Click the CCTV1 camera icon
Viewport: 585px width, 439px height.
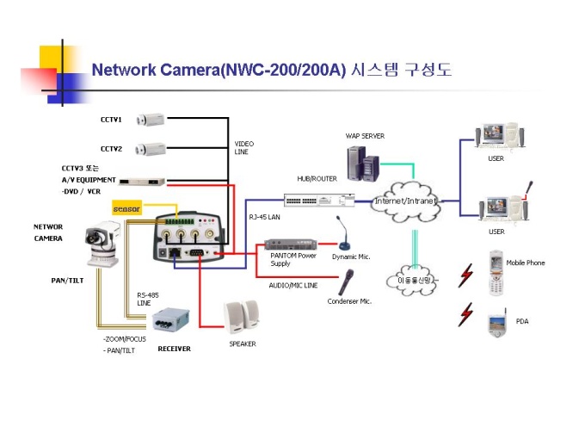152,119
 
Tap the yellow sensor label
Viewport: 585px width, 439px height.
126,208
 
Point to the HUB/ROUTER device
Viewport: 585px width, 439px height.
319,201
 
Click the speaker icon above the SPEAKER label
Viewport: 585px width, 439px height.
241,317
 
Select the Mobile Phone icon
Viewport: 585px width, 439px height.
495,272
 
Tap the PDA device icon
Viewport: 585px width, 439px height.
496,323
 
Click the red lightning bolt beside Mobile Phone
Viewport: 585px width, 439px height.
466,275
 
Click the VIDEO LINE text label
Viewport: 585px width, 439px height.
244,147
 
